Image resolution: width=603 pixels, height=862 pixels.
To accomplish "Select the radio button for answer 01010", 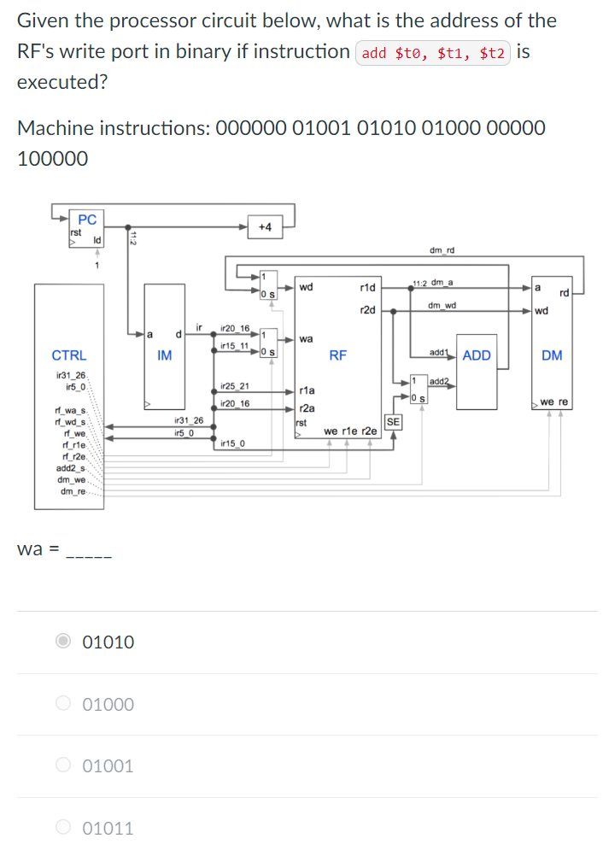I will (65, 642).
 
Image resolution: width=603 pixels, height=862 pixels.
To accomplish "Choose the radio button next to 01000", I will (65, 704).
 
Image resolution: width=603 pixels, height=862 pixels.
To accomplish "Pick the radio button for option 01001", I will (65, 765).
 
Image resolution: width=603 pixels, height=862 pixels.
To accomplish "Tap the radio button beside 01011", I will (65, 827).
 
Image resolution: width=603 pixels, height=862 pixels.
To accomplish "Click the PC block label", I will (87, 220).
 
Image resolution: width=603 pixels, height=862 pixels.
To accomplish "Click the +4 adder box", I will (264, 226).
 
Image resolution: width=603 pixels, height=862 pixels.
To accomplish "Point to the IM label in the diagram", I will (165, 355).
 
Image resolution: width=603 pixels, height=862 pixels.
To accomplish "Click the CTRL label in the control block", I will (69, 355).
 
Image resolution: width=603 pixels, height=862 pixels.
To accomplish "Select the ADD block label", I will (476, 355).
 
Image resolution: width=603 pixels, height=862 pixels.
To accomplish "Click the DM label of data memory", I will (552, 355).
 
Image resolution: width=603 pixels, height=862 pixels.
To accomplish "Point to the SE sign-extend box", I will (393, 421).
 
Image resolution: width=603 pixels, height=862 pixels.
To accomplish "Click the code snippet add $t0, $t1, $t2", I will (433, 53).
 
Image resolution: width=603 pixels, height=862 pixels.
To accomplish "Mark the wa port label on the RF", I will (306, 339).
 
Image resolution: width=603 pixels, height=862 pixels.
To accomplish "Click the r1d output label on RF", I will (368, 287).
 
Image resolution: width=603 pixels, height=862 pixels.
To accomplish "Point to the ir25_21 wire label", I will (235, 386).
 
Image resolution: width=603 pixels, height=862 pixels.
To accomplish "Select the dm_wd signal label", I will (442, 305).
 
